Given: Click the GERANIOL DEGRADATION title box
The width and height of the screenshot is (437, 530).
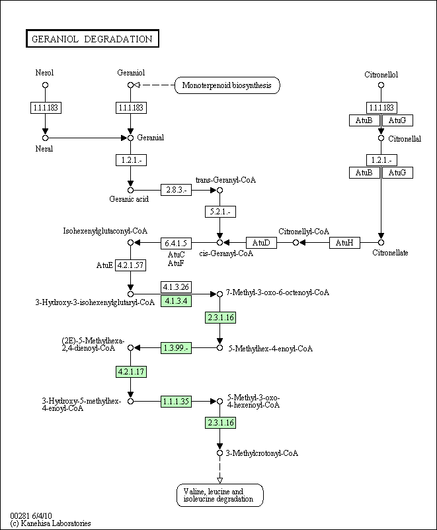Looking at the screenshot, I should pos(93,39).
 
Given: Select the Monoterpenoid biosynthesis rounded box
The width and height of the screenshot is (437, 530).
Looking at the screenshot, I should pos(227,85).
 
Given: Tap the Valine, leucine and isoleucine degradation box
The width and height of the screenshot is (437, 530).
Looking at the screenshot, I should pos(219,496).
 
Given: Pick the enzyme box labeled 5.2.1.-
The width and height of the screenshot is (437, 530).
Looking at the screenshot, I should pos(219,212).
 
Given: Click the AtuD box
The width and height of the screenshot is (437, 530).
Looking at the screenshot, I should pos(262,243).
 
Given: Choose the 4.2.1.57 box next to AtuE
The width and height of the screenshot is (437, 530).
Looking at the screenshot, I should pos(130,265).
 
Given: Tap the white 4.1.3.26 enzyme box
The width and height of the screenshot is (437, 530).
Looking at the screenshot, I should pos(175,287).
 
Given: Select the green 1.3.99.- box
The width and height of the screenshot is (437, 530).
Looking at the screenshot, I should pos(175,348).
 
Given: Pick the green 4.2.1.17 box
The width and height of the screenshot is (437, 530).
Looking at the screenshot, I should pos(130,371).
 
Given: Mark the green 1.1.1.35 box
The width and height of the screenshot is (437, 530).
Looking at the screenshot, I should pos(175,401).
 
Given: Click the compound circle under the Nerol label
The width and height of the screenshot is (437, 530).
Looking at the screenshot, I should pos(45,85).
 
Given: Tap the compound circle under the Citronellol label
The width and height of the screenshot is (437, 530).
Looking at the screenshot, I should pos(381,85).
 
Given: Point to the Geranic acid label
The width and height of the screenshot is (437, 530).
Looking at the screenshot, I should pos(129,199).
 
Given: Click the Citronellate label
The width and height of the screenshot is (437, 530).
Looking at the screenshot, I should pos(389,253).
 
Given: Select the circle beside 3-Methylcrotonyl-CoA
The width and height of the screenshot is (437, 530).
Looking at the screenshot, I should pos(219,453).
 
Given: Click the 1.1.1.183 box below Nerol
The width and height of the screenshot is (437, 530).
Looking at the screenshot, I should pos(45,107).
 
